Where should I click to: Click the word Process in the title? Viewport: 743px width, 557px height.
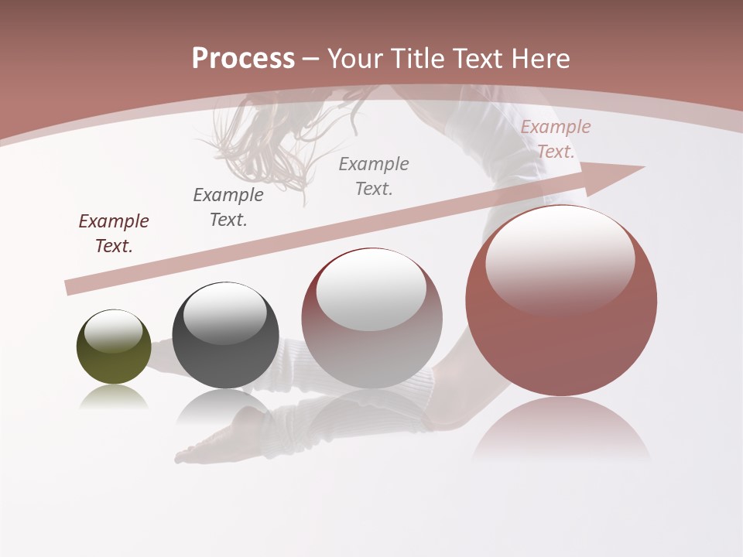(243, 59)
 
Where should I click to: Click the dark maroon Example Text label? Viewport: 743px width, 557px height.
(114, 234)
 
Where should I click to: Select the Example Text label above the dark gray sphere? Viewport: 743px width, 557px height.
(228, 207)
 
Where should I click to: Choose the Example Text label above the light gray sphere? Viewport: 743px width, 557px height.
(374, 176)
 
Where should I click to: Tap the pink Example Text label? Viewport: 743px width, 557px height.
(556, 139)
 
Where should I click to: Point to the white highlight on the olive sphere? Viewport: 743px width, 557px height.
(114, 331)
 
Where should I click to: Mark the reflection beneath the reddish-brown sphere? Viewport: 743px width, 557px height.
(561, 430)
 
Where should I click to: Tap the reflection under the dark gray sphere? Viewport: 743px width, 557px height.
(225, 405)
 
